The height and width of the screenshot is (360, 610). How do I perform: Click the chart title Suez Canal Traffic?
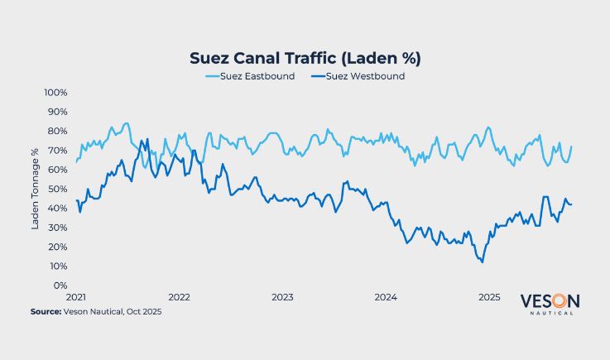pyautogui.click(x=305, y=58)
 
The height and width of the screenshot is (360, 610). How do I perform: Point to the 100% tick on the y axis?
pyautogui.click(x=55, y=92)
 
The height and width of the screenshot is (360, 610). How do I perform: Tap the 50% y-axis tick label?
pyautogui.click(x=57, y=189)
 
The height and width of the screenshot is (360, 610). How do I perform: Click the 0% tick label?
pyautogui.click(x=60, y=286)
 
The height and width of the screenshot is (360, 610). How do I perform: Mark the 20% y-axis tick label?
pyautogui.click(x=57, y=247)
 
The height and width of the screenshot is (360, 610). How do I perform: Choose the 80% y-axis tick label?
pyautogui.click(x=57, y=131)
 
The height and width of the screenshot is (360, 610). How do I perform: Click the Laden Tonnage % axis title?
pyautogui.click(x=36, y=188)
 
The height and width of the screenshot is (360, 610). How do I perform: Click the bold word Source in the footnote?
pyautogui.click(x=46, y=311)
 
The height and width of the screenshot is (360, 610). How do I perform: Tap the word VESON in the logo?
pyautogui.click(x=550, y=301)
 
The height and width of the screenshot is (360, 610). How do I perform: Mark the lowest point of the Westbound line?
pyautogui.click(x=482, y=262)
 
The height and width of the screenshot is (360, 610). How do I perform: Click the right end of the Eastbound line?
pyautogui.click(x=572, y=146)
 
